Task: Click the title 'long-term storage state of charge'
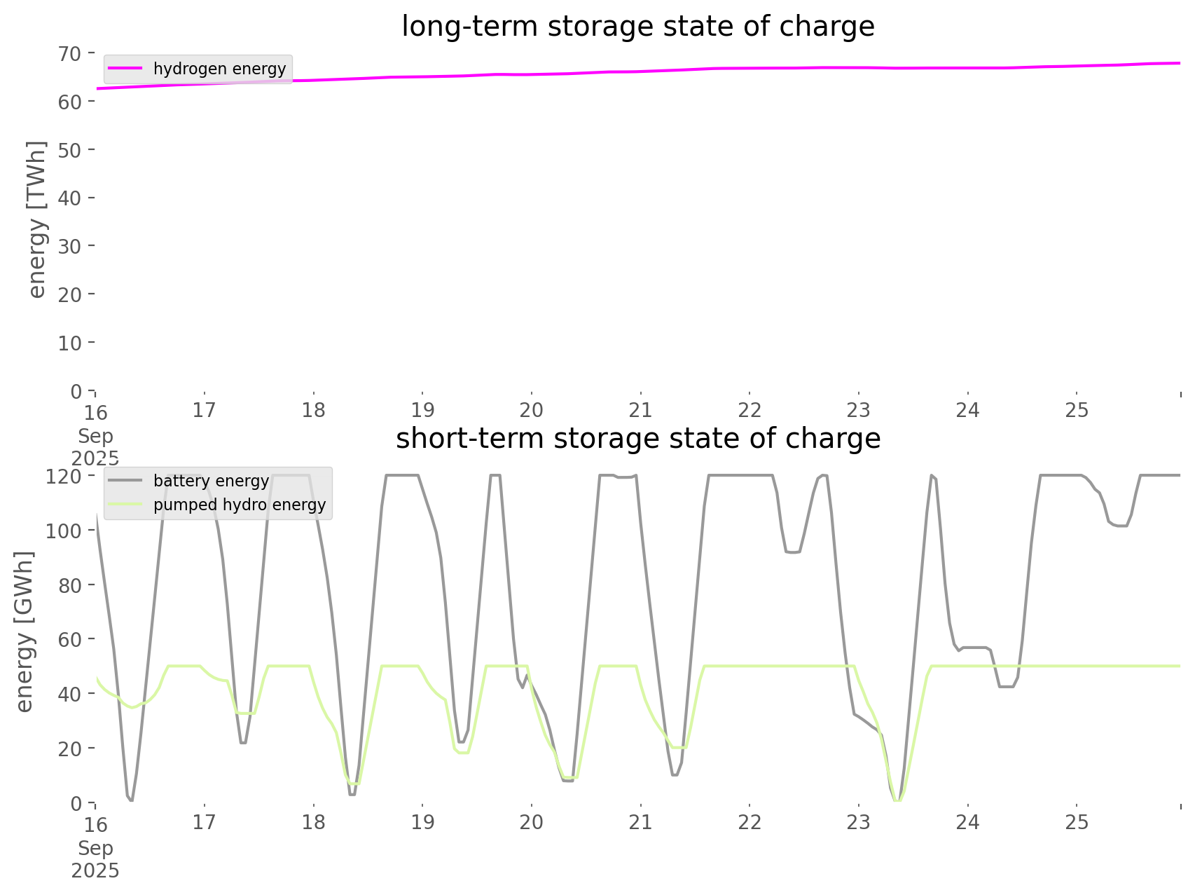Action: coord(637,27)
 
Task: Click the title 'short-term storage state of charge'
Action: coord(637,439)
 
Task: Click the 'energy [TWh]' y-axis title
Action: coord(37,219)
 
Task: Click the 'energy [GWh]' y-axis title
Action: coord(25,631)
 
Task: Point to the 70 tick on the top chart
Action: coord(73,53)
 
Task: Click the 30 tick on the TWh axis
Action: coord(73,246)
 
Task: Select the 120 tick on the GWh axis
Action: coord(67,477)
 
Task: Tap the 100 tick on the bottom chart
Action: coord(67,531)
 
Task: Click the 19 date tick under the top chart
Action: coord(422,410)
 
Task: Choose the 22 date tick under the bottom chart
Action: coord(750,822)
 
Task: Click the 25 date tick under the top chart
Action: coord(1077,410)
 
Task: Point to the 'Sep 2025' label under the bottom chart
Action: coord(95,859)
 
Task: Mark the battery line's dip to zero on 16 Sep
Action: coord(131,800)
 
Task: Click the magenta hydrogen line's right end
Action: coord(1180,63)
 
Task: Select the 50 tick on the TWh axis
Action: coord(73,150)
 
